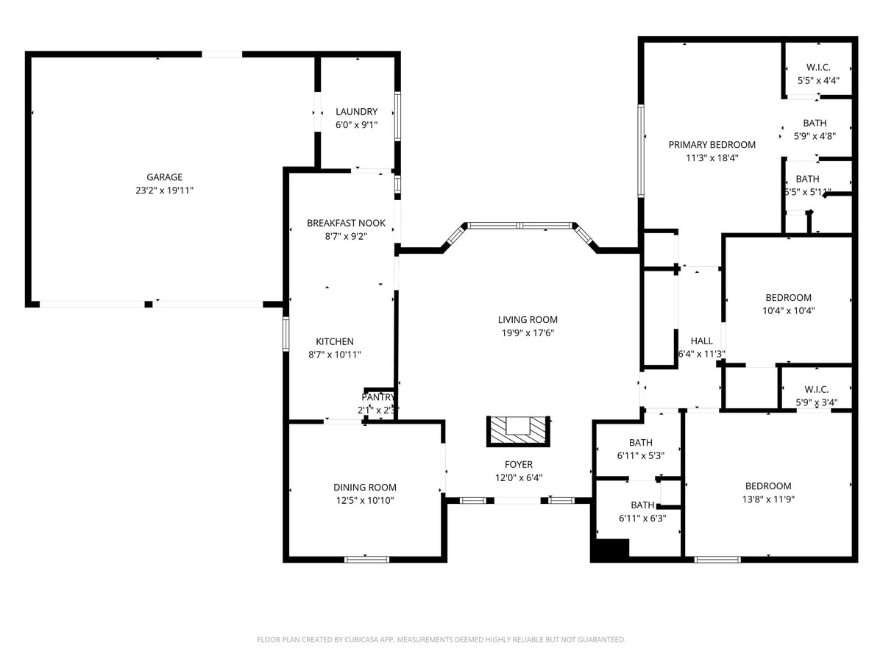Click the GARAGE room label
164,177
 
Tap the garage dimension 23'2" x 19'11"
164,191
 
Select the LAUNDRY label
356,112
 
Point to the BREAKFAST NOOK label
346,223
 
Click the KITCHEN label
335,341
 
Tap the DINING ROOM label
364,487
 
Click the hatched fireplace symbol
518,430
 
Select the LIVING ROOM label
528,319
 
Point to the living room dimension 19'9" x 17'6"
528,332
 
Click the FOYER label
518,464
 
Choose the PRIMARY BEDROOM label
712,144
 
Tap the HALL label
701,341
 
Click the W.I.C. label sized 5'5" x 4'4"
818,68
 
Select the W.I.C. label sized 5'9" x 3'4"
817,389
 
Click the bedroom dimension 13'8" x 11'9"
768,499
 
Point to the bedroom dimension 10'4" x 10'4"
788,310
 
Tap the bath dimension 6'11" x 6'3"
642,518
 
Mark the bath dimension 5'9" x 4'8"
815,135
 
